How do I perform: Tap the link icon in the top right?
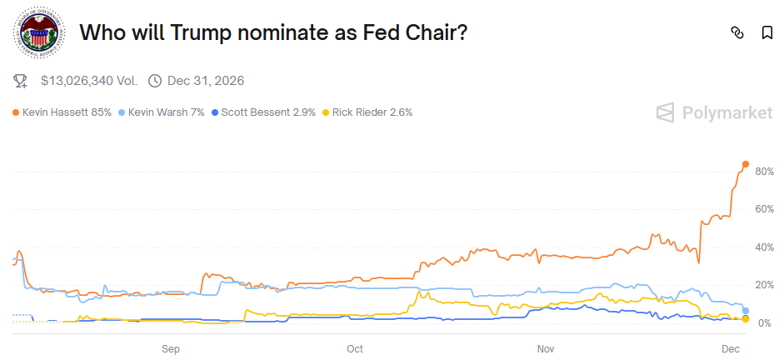point(737,33)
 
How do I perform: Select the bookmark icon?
point(767,33)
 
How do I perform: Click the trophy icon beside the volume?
point(21,81)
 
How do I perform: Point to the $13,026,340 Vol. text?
point(89,81)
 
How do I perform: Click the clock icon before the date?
point(154,81)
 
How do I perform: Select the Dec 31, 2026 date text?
point(206,81)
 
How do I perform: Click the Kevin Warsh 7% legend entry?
point(162,112)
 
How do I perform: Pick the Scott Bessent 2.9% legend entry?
point(264,112)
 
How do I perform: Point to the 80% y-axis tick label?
point(765,172)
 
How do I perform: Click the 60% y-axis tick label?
point(765,209)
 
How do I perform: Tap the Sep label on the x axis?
point(171,347)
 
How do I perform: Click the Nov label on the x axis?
point(546,347)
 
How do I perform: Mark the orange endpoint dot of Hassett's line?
point(745,164)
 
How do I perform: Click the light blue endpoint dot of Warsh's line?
point(745,310)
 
